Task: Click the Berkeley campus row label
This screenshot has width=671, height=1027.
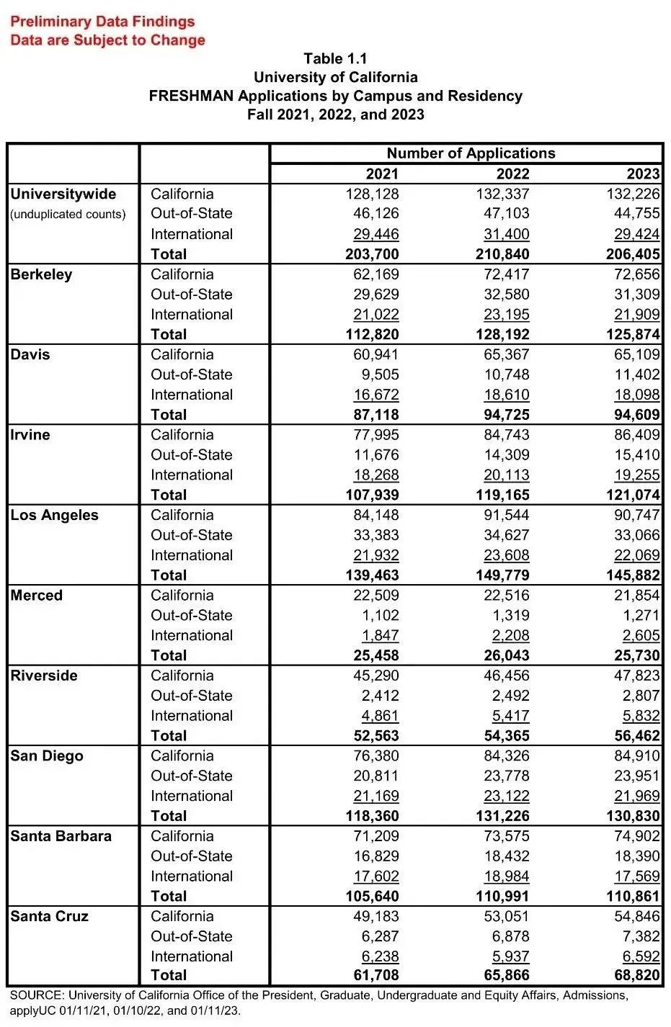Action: click(41, 275)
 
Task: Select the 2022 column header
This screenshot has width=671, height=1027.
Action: click(512, 174)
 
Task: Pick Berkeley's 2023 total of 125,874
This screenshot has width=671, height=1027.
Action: click(632, 334)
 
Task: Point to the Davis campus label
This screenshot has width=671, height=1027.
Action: click(30, 355)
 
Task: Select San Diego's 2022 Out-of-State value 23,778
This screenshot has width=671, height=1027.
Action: click(507, 776)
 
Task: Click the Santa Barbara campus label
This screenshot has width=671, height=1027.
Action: click(61, 836)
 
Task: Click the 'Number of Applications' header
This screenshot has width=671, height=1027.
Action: click(471, 153)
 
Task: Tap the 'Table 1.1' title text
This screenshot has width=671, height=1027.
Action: click(335, 59)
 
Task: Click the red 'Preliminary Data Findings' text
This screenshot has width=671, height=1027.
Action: click(102, 22)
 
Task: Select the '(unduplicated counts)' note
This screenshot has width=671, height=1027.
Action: click(68, 215)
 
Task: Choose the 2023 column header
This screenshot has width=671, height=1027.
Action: click(643, 174)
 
